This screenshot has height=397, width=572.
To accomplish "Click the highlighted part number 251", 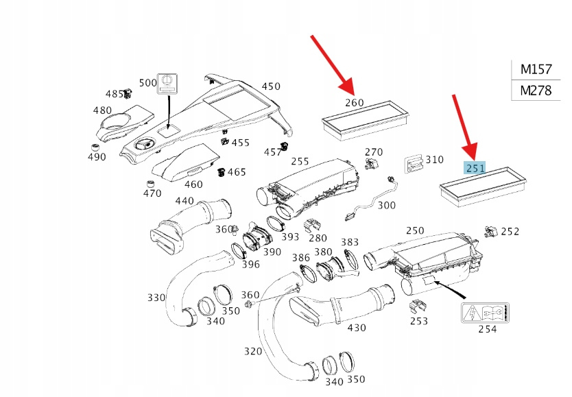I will click(x=475, y=167).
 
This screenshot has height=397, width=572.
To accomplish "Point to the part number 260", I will click(x=354, y=103).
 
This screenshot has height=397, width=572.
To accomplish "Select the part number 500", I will click(x=147, y=82).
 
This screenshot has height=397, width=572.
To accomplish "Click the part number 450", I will click(x=271, y=86).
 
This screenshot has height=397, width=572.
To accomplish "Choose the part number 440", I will click(x=184, y=201).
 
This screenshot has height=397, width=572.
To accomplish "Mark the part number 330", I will click(x=156, y=297).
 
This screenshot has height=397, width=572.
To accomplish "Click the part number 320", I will click(x=253, y=352).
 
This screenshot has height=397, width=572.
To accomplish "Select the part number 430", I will click(x=357, y=328).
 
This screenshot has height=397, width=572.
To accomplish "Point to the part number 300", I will click(x=386, y=205).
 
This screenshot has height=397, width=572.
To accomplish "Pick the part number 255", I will click(x=300, y=162).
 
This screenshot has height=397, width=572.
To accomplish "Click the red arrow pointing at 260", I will click(x=333, y=63).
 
